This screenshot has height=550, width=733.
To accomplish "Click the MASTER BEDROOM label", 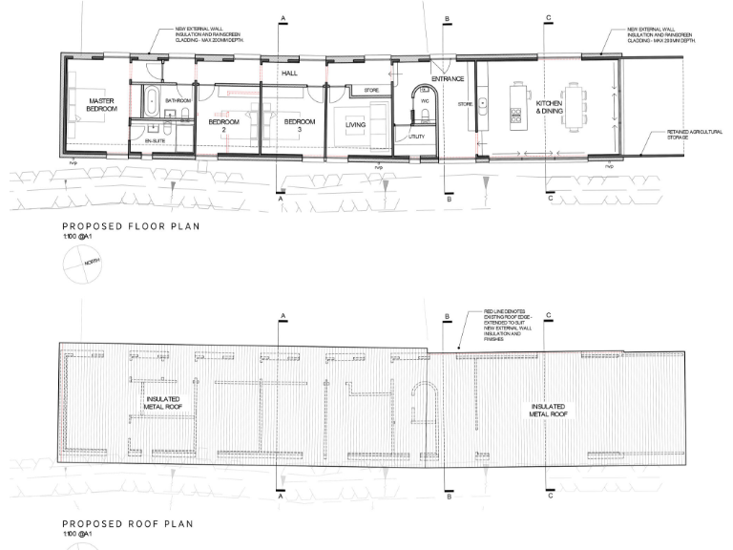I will point(102,105).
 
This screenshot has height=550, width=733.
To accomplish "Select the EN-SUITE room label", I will point(155,140).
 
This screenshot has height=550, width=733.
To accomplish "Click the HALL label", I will point(289,72).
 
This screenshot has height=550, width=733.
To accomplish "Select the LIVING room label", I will point(356,123).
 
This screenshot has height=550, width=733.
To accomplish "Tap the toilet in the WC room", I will point(423,116).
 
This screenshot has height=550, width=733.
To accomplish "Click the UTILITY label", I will point(416,137).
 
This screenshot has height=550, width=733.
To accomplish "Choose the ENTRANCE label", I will point(447,79).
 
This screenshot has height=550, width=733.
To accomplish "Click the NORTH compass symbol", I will point(81,269).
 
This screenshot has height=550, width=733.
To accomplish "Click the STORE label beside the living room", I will point(372,91).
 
